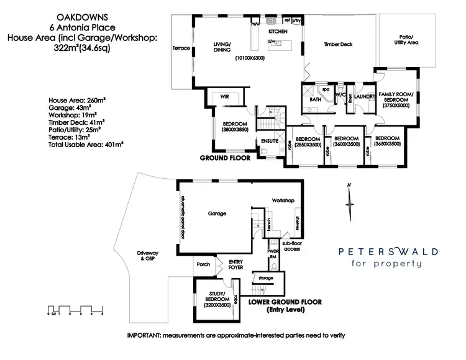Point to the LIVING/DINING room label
pos(222,48)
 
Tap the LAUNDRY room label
pos(363,97)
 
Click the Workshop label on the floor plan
pos(283,200)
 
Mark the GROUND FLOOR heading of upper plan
pos(224,158)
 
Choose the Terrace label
pos(181,47)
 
